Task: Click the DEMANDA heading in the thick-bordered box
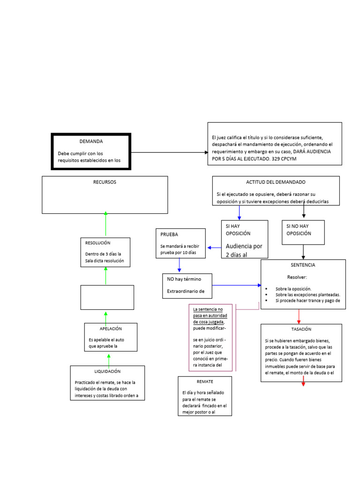tap(91, 141)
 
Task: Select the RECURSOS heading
tap(105, 182)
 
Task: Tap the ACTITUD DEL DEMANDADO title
tap(276, 182)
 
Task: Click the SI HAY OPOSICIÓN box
tap(244, 239)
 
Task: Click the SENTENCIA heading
tap(303, 265)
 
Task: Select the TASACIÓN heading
tap(301, 330)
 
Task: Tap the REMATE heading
tap(205, 382)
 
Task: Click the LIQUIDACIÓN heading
tap(107, 371)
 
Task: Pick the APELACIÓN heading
tap(111, 329)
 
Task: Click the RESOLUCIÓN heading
tap(97, 243)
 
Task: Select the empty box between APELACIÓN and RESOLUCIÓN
tap(107, 297)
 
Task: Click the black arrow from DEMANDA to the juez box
tap(169, 152)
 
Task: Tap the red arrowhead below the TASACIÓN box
tap(303, 384)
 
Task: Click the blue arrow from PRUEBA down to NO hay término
tap(179, 266)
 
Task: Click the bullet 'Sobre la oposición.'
tap(293, 289)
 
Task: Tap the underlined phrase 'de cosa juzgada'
tap(208, 322)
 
